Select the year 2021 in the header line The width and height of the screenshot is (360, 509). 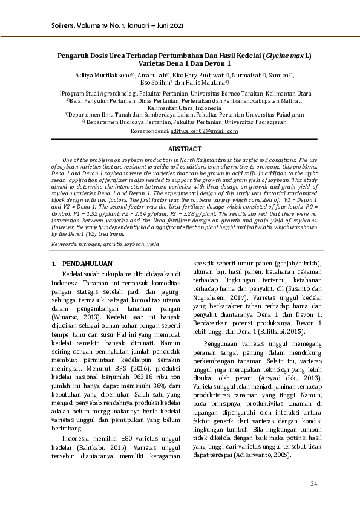tap(174, 26)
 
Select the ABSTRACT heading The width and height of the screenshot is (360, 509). tap(180, 148)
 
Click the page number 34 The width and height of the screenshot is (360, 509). tap(313, 484)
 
